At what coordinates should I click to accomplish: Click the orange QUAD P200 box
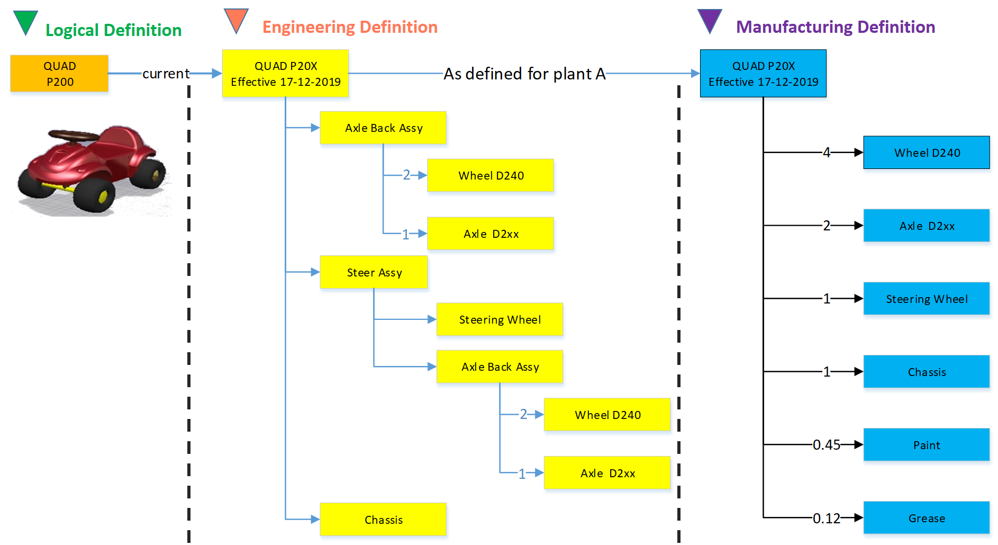tap(59, 74)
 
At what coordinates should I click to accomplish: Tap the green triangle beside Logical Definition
tap(25, 21)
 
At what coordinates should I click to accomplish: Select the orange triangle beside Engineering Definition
tap(236, 20)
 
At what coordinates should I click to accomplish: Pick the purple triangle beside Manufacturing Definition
tap(710, 20)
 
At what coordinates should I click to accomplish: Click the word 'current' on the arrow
tap(166, 74)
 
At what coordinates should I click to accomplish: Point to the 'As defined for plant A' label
tap(524, 74)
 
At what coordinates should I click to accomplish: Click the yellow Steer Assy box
tap(374, 272)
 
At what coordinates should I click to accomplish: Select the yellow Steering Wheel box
tap(500, 319)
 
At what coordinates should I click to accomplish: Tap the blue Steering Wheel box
tap(926, 299)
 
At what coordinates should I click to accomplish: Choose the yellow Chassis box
tap(383, 520)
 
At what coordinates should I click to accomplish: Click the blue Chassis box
tap(926, 372)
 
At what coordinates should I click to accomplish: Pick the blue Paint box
tap(926, 445)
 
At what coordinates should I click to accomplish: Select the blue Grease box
tap(926, 518)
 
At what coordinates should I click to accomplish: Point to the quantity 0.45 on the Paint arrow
tap(826, 445)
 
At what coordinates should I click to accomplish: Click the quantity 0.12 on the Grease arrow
tap(826, 518)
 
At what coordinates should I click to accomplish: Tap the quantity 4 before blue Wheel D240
tap(826, 153)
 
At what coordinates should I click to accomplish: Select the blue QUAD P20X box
tap(763, 74)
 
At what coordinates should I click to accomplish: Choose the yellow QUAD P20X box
tap(285, 74)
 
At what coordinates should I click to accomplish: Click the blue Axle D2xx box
tap(926, 226)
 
